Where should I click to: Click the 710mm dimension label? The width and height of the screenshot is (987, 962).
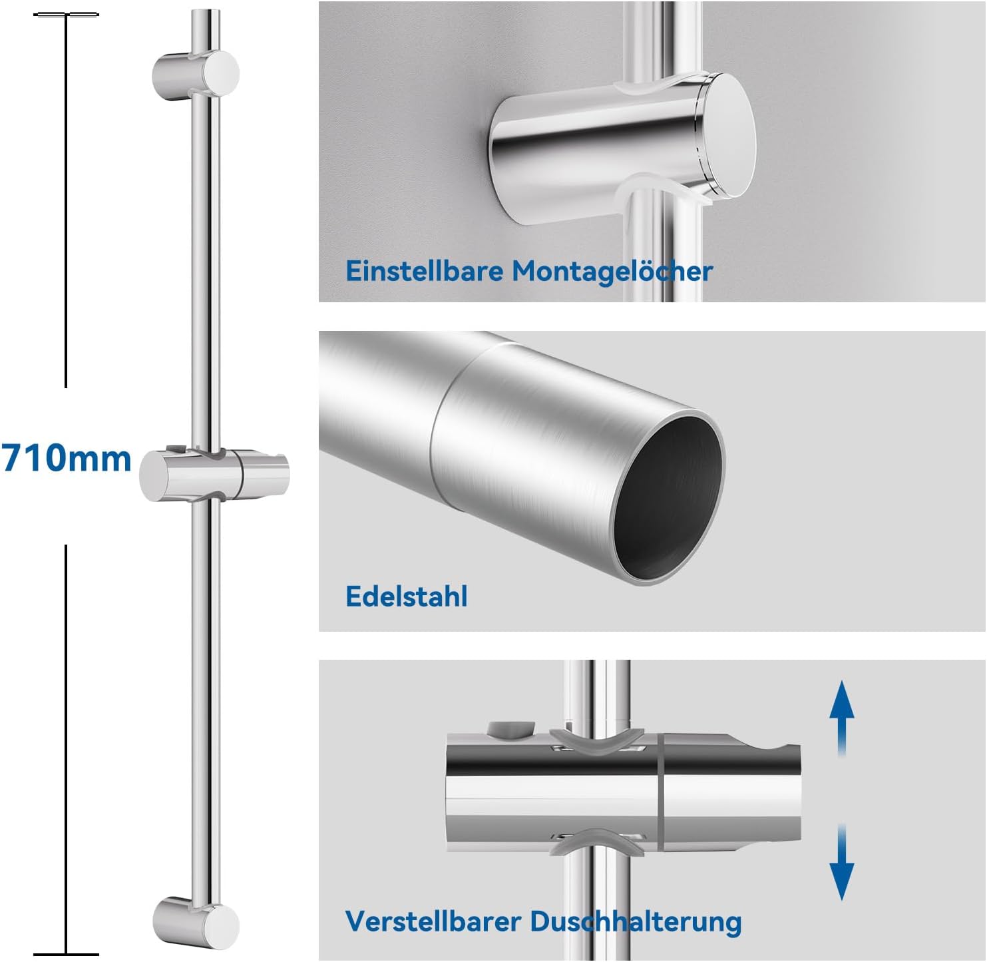coord(66,458)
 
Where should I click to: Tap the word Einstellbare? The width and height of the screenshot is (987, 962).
coord(425,271)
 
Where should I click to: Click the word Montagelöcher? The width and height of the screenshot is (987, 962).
coord(612,272)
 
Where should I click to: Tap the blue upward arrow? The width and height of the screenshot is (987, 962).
coord(841,718)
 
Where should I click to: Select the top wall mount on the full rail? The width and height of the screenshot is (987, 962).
coord(196,75)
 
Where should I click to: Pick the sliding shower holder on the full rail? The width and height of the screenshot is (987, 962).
coord(214,473)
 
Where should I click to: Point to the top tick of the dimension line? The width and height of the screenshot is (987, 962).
coord(66,15)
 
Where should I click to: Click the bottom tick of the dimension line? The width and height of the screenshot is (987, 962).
coord(66,955)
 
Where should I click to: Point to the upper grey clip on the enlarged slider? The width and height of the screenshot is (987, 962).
coord(597,741)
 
